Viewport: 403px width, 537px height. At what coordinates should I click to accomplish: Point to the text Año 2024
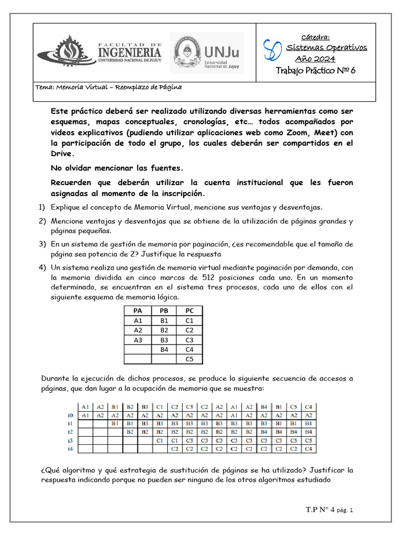click(315, 58)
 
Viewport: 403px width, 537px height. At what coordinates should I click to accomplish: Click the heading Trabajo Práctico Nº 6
click(315, 71)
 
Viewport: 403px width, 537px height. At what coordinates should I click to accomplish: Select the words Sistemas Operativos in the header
click(326, 48)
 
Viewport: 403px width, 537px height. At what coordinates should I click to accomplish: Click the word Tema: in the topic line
click(45, 87)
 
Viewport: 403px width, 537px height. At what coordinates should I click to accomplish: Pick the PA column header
click(138, 311)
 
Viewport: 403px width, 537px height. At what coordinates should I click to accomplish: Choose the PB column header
click(164, 311)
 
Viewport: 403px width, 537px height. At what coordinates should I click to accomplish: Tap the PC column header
click(189, 311)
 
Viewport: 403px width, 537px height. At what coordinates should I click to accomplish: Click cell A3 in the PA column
click(138, 340)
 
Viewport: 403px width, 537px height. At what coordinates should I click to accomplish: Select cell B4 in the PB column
click(164, 349)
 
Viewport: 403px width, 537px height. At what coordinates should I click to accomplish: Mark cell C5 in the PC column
click(189, 359)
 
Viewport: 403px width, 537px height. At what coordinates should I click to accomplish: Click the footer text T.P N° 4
click(320, 509)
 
